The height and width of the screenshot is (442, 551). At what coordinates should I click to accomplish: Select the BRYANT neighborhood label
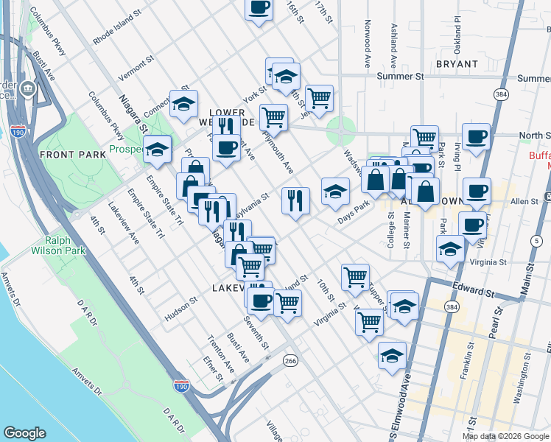pos(457,65)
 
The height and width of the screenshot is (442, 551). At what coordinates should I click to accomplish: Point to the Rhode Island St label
pos(117,25)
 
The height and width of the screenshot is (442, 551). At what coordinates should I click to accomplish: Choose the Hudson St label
pos(182,308)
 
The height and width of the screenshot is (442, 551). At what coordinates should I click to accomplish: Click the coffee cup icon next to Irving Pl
pos(477,136)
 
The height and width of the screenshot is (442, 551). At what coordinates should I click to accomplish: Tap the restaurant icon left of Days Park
pos(295,200)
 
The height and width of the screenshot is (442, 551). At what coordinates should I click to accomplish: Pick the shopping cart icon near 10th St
pos(355,277)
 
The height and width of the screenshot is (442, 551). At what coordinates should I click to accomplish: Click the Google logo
pos(25,433)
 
